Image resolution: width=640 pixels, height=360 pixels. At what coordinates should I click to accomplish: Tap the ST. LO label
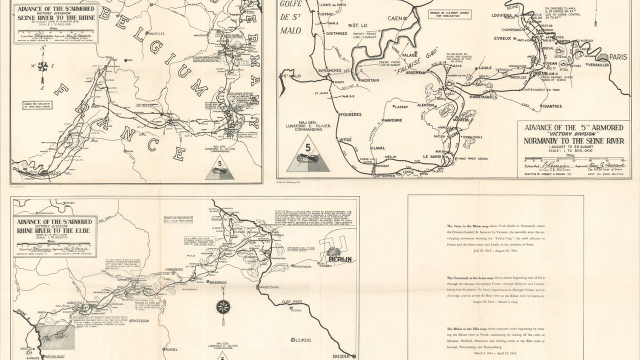tap(361, 25)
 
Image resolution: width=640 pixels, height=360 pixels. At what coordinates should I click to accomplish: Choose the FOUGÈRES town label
tap(350, 114)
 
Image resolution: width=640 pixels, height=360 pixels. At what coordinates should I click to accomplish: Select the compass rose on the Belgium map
tap(43, 65)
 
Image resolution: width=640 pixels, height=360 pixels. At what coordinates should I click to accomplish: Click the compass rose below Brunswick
tap(221, 306)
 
